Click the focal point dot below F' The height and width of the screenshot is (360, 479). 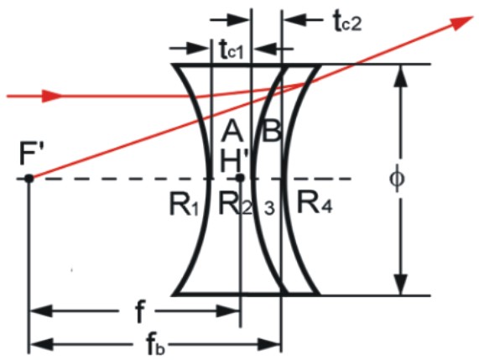point(29,178)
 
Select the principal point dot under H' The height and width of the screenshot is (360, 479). point(241,178)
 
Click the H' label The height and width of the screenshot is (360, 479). point(235,161)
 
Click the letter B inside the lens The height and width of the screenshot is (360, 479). point(271,132)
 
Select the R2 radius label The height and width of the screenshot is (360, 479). point(236,204)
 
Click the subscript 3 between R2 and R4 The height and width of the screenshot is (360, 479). point(269,208)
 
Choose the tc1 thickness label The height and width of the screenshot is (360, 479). point(232,50)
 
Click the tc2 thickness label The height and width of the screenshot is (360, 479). point(347,23)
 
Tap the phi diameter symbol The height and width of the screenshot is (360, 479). point(397,179)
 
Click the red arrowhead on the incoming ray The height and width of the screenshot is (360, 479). point(52,96)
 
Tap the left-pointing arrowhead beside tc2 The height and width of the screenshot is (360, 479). point(294,20)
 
